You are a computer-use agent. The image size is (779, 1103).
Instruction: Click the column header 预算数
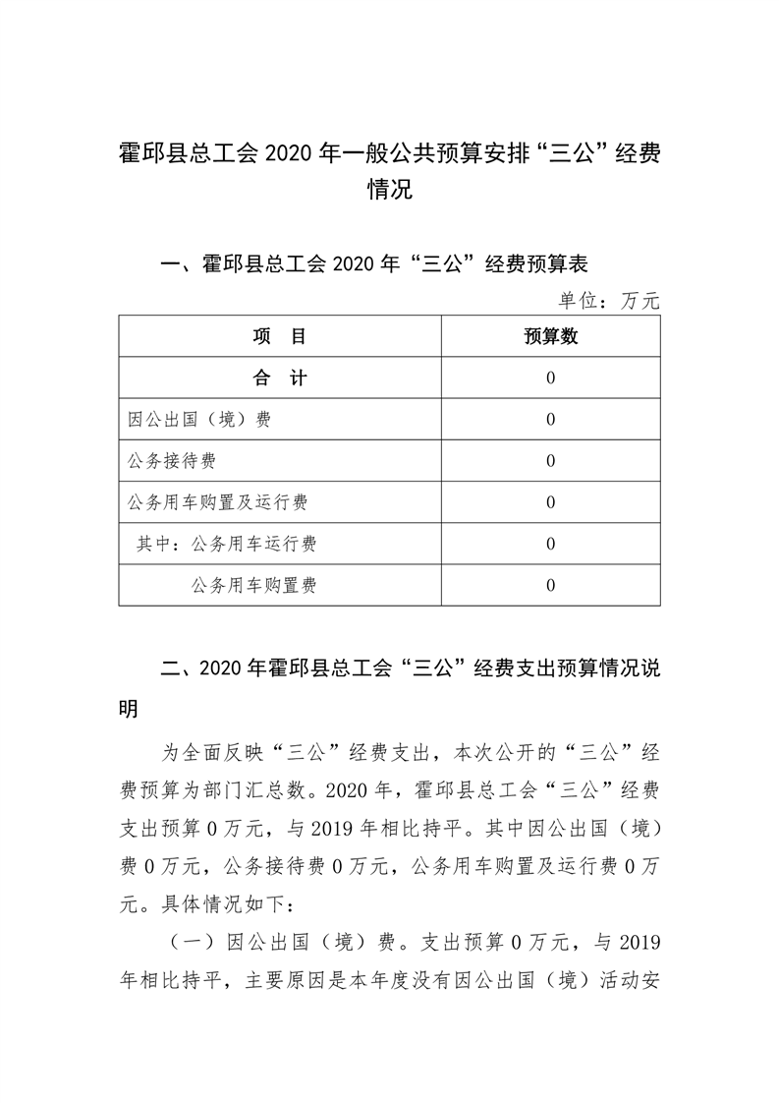point(550,336)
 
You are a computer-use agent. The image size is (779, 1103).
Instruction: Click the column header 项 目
point(280,336)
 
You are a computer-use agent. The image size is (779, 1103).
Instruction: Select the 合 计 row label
point(280,378)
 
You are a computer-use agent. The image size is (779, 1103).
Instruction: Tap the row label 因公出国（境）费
point(199,420)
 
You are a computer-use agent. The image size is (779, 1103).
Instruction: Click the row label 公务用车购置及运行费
point(218,502)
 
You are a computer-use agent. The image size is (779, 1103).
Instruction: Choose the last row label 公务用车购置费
point(254,586)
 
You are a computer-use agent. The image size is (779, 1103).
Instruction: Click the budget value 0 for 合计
point(550,378)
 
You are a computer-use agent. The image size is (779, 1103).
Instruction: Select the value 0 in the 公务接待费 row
point(550,461)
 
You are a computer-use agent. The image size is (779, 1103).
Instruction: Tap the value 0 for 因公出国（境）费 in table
point(550,420)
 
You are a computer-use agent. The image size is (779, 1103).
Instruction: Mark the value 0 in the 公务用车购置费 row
point(550,586)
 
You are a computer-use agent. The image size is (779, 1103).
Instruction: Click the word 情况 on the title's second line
point(389,190)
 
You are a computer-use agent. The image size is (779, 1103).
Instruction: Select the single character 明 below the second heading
point(130,709)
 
